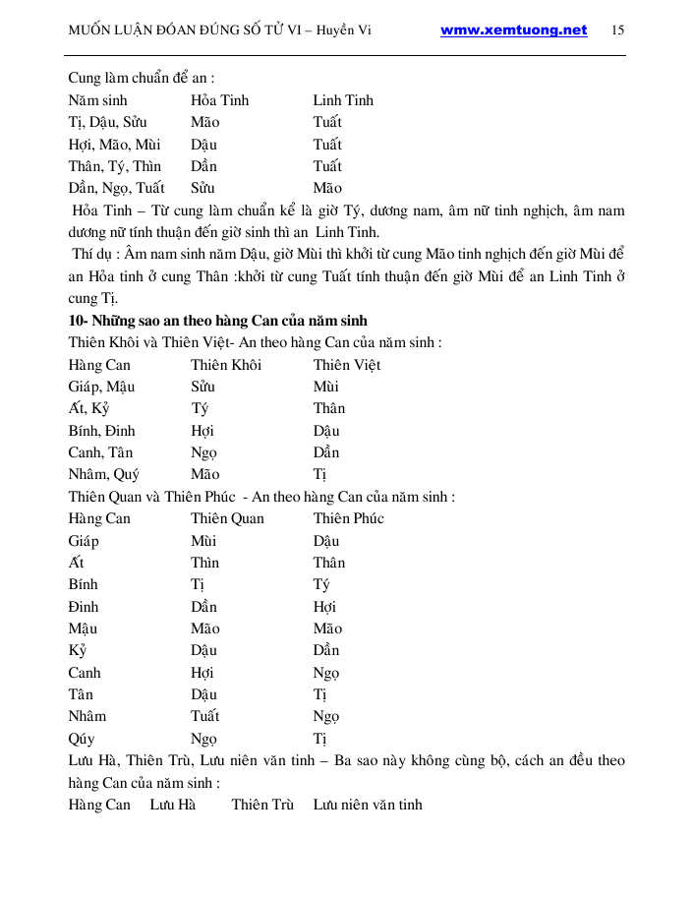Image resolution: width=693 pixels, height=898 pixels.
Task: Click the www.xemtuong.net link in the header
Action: coord(513,30)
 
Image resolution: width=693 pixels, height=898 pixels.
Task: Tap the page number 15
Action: coord(617,30)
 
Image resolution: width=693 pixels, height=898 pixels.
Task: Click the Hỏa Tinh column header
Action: coord(219,100)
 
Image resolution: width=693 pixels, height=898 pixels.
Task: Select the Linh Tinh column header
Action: coord(343,100)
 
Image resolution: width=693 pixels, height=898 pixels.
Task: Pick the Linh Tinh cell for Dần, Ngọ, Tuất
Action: coord(327,188)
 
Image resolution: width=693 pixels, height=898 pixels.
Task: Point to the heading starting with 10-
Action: coord(217,321)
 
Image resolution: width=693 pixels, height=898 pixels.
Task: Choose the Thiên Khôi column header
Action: coord(226,365)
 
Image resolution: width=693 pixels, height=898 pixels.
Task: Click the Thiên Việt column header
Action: coord(347,365)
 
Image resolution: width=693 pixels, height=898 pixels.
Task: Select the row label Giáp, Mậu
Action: coord(101,387)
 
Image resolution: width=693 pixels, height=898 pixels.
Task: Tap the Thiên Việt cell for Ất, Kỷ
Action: coord(329,408)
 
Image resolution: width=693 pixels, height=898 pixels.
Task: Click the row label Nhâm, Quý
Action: coord(104,474)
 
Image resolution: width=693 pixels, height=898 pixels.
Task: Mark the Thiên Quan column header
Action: coord(227,518)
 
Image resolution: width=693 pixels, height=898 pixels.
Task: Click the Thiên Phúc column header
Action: coord(348,518)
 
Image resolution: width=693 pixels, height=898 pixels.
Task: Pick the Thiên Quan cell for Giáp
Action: coord(203,541)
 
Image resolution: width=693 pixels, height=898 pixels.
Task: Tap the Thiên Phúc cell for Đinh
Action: coord(324,607)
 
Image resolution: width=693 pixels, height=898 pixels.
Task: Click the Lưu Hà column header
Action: coord(173,805)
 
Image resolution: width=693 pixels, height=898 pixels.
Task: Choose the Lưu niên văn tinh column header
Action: coord(368,805)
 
